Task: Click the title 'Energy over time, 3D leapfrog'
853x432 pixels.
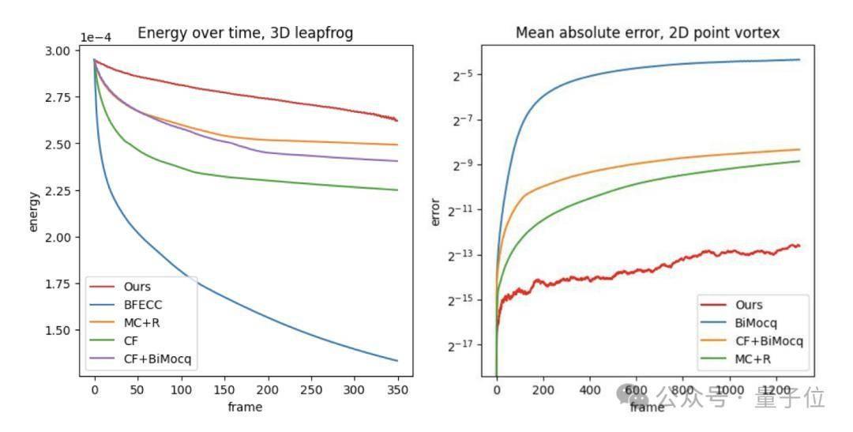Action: pos(245,33)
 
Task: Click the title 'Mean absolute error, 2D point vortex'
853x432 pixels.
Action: pos(648,33)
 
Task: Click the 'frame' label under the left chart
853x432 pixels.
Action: pos(245,408)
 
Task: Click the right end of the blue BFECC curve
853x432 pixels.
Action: pos(397,361)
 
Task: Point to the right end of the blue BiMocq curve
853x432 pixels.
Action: pos(799,60)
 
